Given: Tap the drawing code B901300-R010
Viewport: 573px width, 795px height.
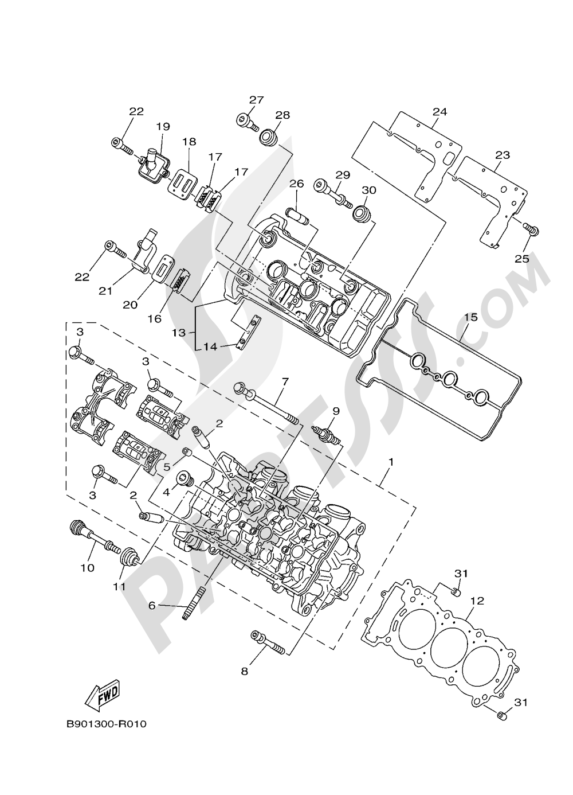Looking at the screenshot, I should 106,724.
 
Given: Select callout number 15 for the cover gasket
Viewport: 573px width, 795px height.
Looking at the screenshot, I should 470,317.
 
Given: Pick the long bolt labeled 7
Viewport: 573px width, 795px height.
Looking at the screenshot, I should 266,404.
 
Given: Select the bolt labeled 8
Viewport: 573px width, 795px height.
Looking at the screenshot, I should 267,642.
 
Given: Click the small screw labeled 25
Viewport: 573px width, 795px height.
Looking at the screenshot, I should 533,230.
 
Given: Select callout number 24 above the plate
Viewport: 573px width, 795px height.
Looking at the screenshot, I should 439,111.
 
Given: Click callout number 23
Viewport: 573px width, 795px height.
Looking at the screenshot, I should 502,155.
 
